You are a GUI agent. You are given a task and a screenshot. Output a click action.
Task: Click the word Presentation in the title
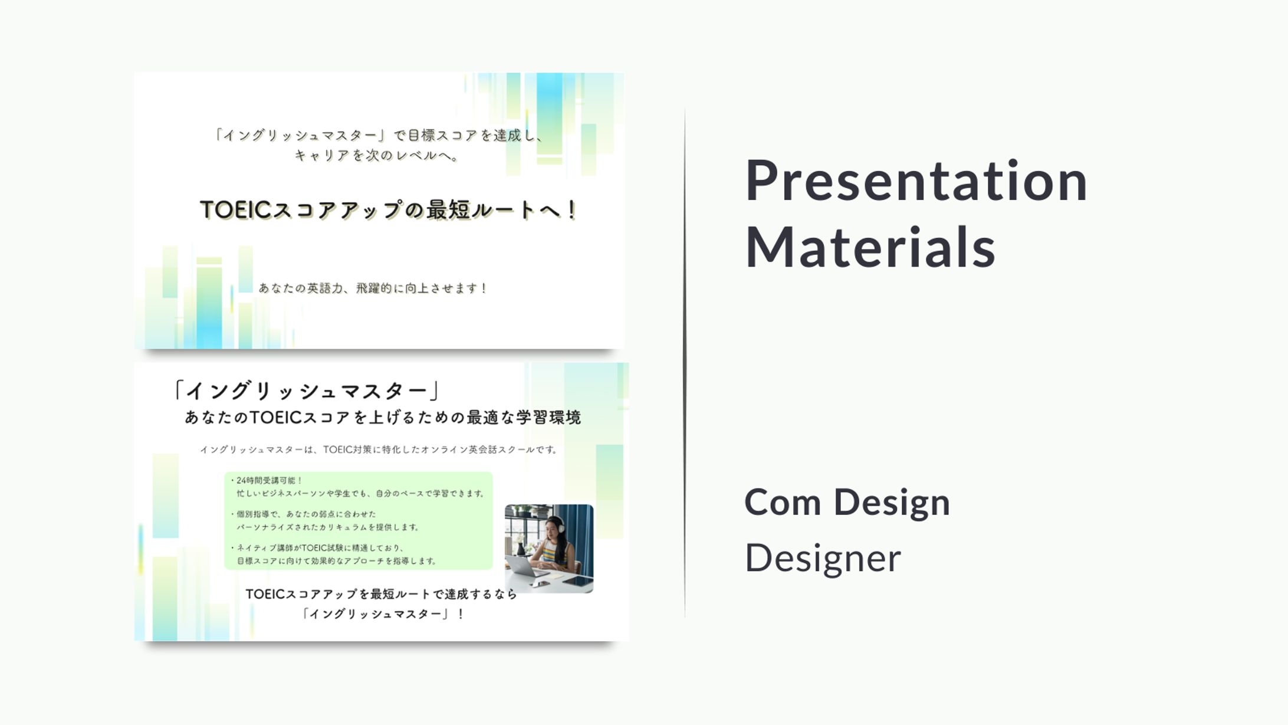point(916,181)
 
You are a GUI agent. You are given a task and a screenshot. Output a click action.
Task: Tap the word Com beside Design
point(783,503)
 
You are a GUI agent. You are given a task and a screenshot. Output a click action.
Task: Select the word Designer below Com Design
point(823,558)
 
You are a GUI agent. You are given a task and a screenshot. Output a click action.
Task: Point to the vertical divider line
point(685,363)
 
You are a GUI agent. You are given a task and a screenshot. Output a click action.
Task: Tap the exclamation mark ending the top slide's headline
point(571,210)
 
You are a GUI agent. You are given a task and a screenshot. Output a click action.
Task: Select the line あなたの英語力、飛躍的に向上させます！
point(373,288)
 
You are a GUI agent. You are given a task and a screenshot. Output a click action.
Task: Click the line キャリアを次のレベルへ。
point(377,156)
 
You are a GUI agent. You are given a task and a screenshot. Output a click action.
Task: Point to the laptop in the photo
point(524,566)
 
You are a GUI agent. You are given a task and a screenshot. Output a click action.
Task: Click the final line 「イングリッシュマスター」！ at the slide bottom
point(383,614)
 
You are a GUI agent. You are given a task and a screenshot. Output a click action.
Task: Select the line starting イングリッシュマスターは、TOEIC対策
point(379,450)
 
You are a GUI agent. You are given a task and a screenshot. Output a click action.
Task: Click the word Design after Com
point(892,503)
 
